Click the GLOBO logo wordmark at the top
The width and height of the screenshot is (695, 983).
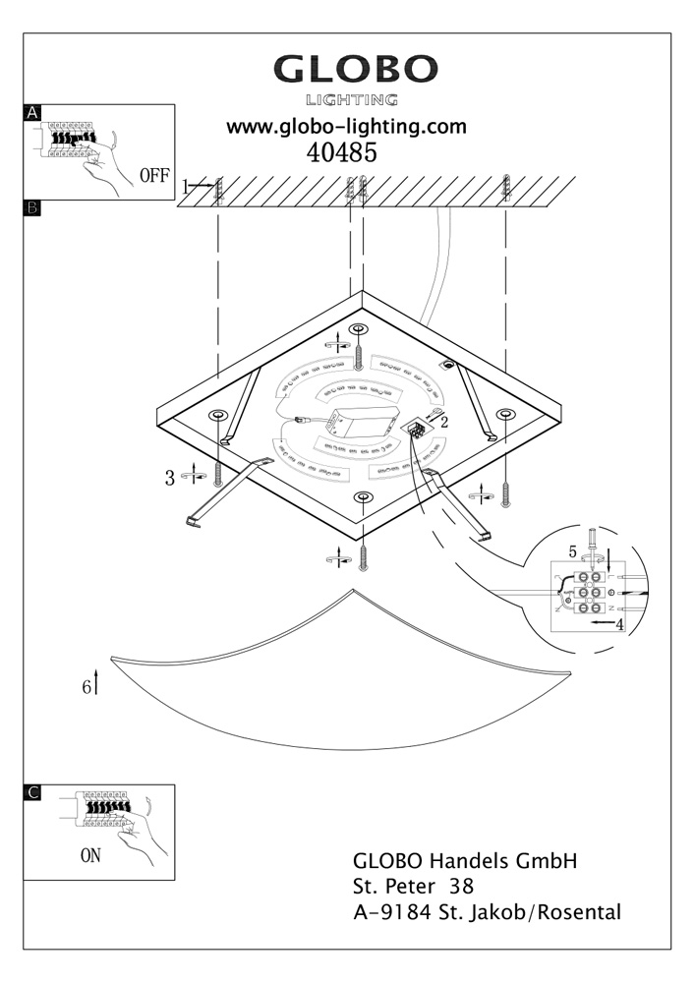click(x=355, y=69)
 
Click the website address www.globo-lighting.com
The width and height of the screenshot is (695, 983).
click(x=346, y=127)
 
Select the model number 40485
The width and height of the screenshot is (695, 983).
click(x=341, y=152)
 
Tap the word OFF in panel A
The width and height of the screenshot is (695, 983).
click(x=154, y=176)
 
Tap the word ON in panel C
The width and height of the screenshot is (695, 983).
click(x=90, y=855)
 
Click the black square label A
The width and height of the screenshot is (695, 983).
click(x=32, y=113)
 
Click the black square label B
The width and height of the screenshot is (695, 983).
click(x=32, y=208)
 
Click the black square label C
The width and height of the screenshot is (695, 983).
click(x=32, y=792)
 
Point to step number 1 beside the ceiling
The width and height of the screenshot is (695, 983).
click(x=185, y=186)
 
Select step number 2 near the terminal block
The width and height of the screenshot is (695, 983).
click(x=444, y=422)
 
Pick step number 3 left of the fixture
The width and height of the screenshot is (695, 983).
click(x=170, y=479)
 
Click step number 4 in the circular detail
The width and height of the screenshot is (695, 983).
click(x=619, y=624)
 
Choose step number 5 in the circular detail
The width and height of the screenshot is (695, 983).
click(x=572, y=552)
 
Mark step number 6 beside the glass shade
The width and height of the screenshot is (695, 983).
click(x=87, y=687)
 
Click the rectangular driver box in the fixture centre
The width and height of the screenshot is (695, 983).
click(x=364, y=423)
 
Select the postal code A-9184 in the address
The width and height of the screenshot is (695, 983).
click(x=392, y=912)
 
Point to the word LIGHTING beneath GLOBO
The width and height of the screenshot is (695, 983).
click(x=352, y=99)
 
